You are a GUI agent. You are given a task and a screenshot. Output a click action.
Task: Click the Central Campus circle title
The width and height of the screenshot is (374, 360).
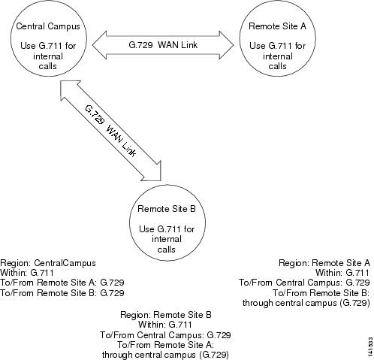click(x=48, y=26)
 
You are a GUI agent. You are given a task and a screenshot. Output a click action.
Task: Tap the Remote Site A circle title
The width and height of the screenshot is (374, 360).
click(x=277, y=26)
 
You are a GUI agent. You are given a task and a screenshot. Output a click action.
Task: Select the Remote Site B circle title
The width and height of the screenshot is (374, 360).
click(x=167, y=209)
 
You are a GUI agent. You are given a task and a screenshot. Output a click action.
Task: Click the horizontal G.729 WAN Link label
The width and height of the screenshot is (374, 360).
click(x=163, y=45)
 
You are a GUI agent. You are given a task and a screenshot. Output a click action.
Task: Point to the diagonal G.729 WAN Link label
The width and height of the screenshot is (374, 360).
click(x=110, y=131)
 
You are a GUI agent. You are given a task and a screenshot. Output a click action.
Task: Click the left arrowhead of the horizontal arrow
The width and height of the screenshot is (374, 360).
click(x=99, y=45)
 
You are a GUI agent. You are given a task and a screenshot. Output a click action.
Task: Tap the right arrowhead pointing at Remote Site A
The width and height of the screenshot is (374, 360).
click(x=226, y=45)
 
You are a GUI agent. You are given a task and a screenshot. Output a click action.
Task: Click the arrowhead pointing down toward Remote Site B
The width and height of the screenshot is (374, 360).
click(x=152, y=173)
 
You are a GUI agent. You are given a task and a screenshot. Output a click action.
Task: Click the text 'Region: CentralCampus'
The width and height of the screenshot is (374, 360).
click(x=48, y=263)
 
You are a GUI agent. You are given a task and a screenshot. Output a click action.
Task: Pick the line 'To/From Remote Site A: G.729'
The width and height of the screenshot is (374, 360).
click(x=62, y=283)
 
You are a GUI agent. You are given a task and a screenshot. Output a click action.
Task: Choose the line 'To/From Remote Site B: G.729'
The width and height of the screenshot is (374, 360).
click(x=62, y=292)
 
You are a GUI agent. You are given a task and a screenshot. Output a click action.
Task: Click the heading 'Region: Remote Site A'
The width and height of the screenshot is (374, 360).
click(x=324, y=263)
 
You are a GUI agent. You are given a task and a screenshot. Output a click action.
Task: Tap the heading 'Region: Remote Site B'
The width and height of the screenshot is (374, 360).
click(x=166, y=315)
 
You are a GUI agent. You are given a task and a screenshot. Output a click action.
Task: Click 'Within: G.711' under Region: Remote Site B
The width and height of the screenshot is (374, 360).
click(x=165, y=325)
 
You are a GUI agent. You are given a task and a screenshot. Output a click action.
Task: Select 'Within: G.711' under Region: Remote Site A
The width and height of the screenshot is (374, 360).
click(x=342, y=273)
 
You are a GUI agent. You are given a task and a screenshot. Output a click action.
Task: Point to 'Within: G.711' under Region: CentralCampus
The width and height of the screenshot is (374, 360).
click(x=27, y=273)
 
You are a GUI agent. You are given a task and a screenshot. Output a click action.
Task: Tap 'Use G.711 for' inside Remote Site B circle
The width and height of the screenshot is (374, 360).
click(x=167, y=229)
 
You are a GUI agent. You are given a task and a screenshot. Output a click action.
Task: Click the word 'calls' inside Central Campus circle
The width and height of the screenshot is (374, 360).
click(x=48, y=66)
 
